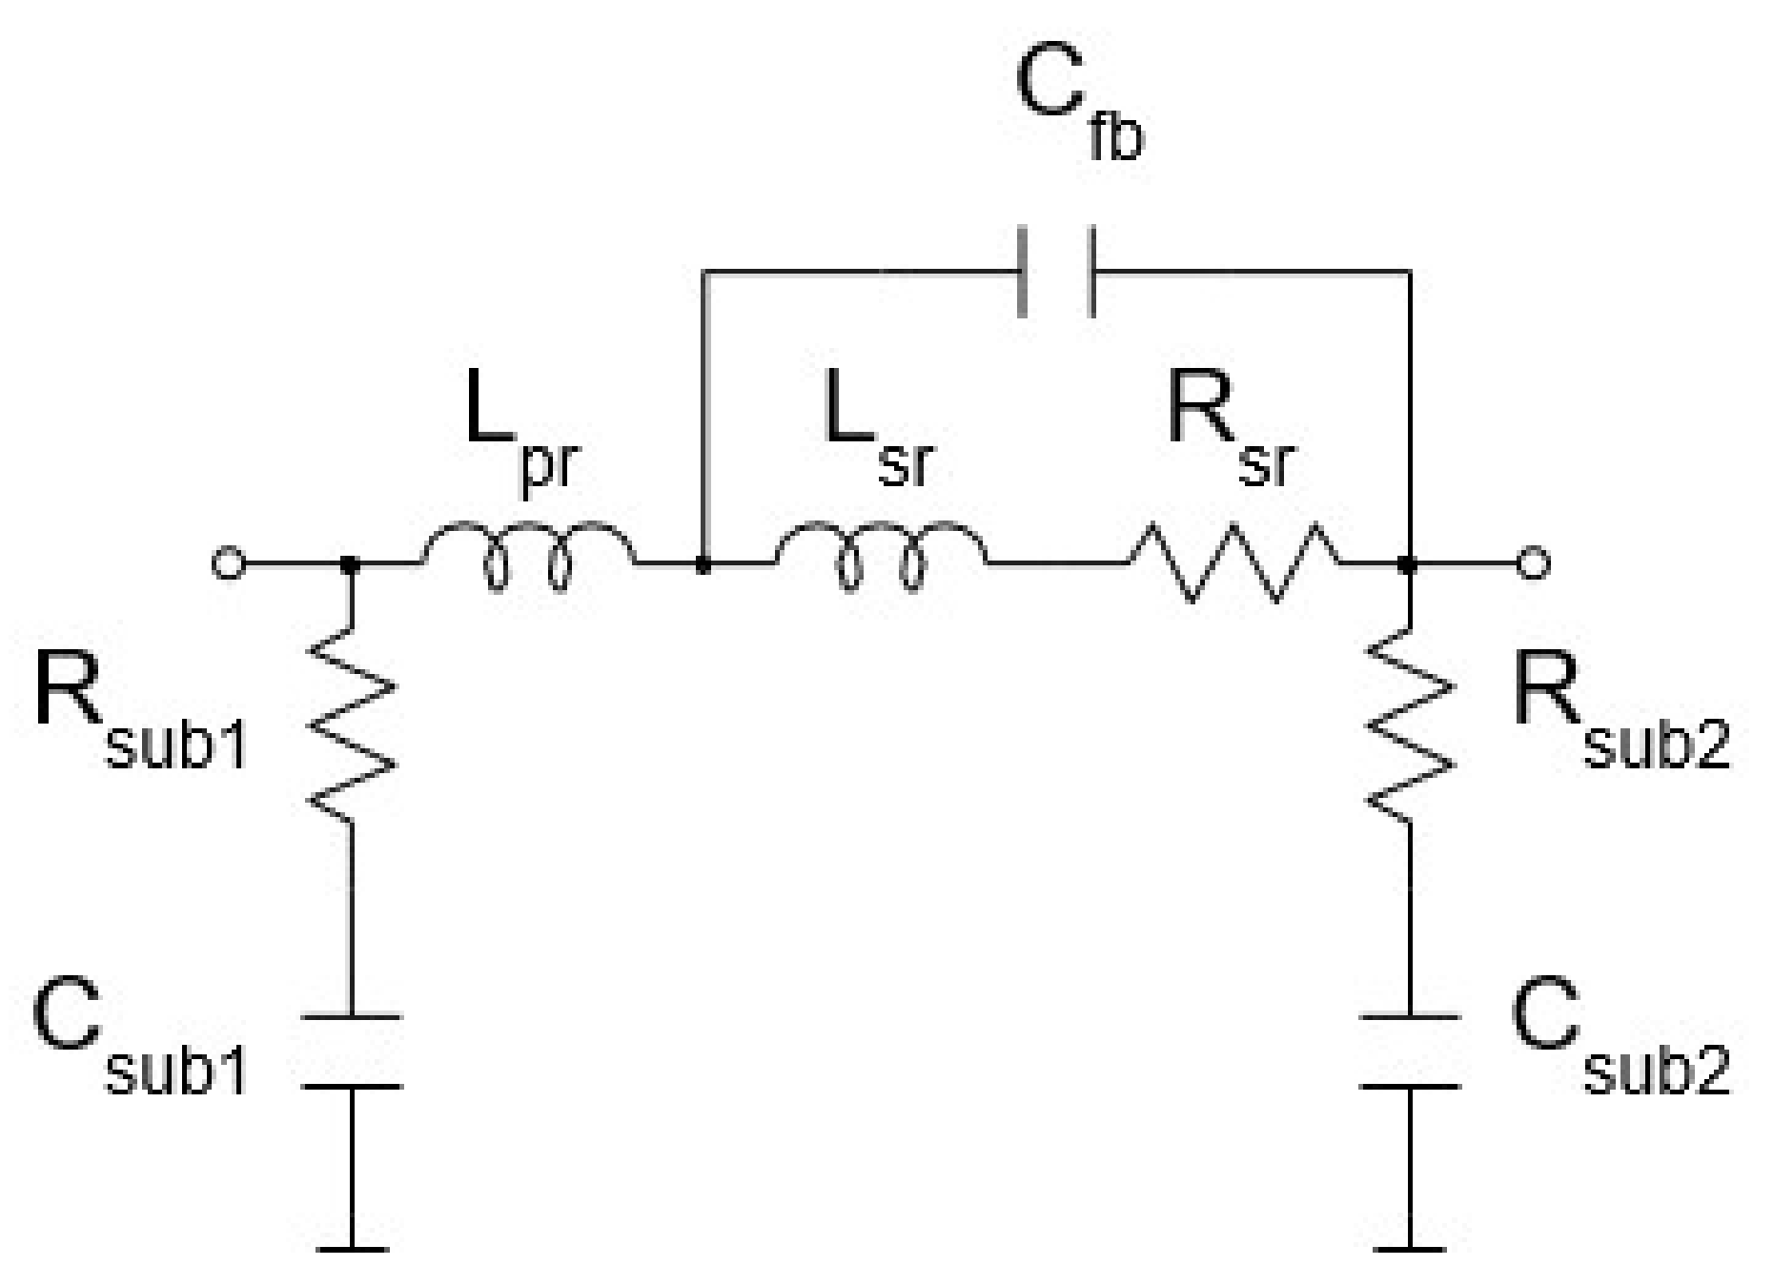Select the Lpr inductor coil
click(528, 555)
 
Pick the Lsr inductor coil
click(882, 555)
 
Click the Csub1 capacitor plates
click(351, 1051)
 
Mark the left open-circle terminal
click(228, 564)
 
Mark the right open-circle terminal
click(1532, 564)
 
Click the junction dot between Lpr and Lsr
click(703, 565)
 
